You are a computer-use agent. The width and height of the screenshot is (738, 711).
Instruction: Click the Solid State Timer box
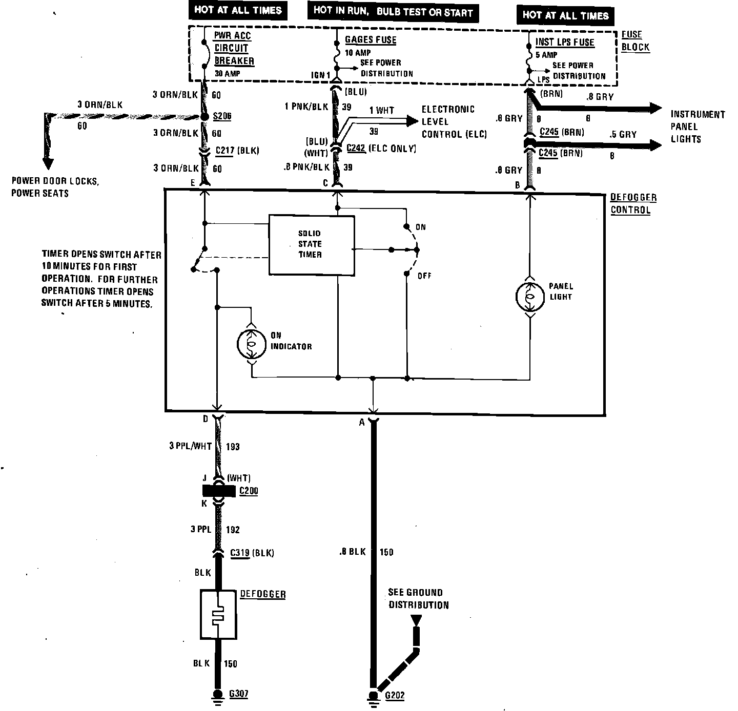pyautogui.click(x=311, y=245)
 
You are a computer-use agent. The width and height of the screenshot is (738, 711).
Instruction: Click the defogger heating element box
pyautogui.click(x=219, y=614)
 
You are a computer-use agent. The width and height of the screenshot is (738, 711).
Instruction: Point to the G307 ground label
pyautogui.click(x=238, y=694)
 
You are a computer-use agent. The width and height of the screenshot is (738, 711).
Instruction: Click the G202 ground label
pyautogui.click(x=394, y=696)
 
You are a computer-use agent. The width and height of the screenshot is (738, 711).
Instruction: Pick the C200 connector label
pyautogui.click(x=249, y=491)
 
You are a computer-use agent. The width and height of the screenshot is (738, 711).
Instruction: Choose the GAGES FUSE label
pyautogui.click(x=371, y=40)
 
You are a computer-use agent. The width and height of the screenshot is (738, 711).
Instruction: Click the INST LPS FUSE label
pyautogui.click(x=565, y=43)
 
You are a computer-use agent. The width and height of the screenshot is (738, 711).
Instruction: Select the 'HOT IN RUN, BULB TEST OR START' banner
pyautogui.click(x=393, y=12)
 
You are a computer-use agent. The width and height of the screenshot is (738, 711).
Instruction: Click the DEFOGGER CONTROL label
pyautogui.click(x=633, y=204)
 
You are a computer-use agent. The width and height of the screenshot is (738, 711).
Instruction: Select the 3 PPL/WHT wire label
pyautogui.click(x=191, y=446)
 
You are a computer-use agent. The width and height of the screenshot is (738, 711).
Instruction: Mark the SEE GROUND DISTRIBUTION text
pyautogui.click(x=418, y=599)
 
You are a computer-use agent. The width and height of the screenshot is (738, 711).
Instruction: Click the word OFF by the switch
pyautogui.click(x=424, y=276)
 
